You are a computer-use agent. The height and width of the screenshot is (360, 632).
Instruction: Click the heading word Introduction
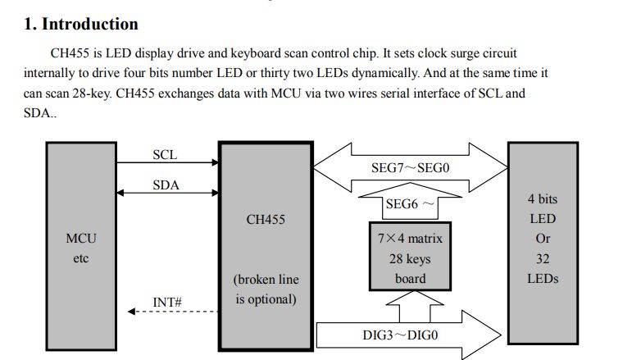coord(90,24)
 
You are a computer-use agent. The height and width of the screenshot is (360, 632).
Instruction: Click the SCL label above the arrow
coord(165,155)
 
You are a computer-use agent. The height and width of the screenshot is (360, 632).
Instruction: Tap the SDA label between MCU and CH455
coord(166,185)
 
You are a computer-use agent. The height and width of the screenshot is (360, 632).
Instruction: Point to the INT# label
coord(167,302)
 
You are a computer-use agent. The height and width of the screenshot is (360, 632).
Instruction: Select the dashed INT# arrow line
coord(173,312)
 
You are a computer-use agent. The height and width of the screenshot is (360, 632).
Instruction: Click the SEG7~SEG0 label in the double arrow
coord(411,168)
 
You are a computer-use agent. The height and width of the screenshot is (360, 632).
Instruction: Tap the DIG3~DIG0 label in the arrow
coord(400,335)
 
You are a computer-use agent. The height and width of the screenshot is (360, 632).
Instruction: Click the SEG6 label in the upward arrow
coord(402,204)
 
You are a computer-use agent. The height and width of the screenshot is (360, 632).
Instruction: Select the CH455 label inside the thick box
coord(266,219)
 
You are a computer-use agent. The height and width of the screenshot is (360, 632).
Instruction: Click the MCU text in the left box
coord(81,239)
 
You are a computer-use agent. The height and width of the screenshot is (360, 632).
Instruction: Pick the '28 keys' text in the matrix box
coord(410,259)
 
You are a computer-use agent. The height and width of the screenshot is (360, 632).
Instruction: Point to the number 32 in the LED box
coord(543,258)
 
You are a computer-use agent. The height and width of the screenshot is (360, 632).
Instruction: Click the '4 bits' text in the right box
coord(543,198)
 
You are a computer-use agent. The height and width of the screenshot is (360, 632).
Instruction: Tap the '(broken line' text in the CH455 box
coord(266,280)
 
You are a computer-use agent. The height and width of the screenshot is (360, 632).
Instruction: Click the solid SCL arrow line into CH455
coord(168,162)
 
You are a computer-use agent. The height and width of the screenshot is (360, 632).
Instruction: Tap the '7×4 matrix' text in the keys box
coord(410,239)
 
